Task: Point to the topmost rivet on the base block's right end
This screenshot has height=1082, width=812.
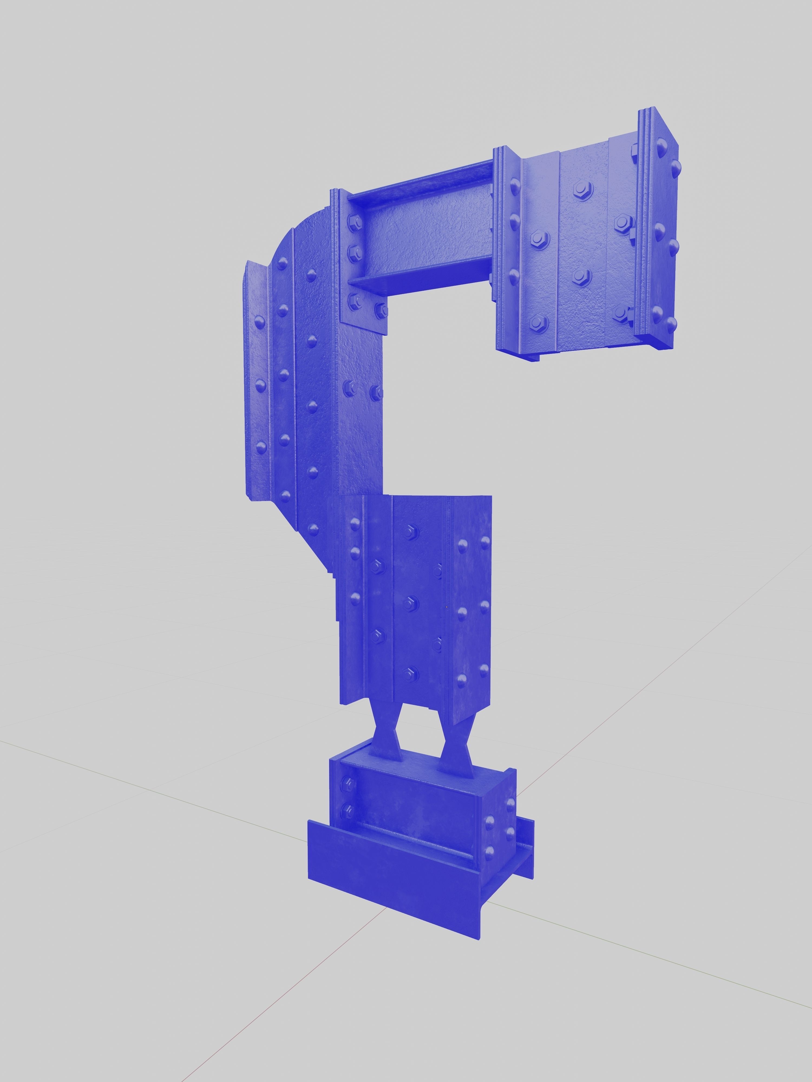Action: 510,803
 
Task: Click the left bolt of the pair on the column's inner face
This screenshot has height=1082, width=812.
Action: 351,389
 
